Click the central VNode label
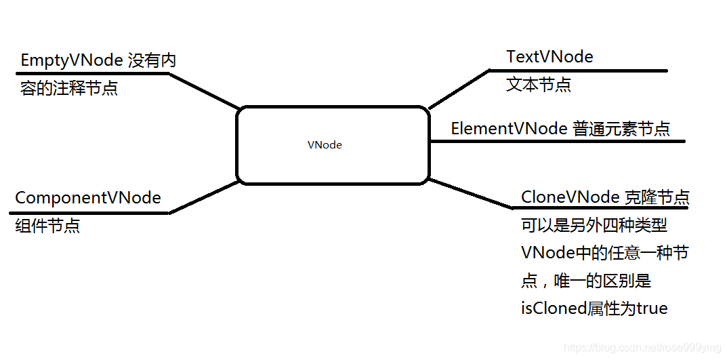[325, 145]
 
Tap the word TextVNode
[549, 57]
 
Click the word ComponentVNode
[88, 198]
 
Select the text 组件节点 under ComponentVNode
[47, 226]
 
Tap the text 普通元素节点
[621, 129]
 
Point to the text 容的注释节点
[69, 89]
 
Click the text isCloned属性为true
[594, 308]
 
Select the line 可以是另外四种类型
[594, 226]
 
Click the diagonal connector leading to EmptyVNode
[203, 91]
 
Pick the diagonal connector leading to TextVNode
[458, 88]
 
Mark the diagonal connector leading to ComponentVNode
[203, 197]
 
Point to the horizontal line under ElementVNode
[558, 142]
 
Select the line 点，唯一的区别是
[585, 281]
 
